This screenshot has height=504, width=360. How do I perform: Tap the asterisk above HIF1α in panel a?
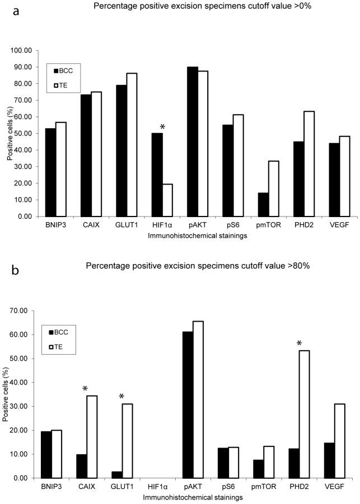pos(162,127)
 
